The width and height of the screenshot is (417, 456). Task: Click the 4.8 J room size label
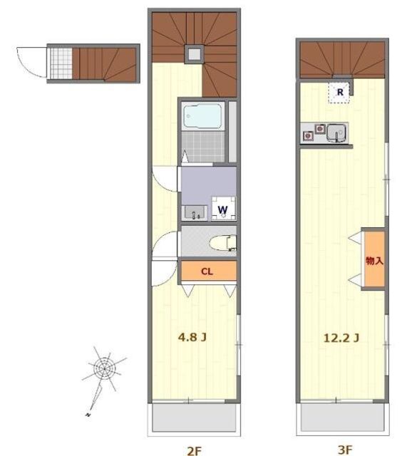(192, 337)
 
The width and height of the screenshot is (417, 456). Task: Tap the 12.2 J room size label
(341, 338)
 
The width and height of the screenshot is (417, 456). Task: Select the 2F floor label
(194, 450)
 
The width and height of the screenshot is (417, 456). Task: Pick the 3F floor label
(345, 450)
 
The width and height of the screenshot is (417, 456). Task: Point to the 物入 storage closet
(374, 259)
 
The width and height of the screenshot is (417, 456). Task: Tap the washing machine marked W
(224, 209)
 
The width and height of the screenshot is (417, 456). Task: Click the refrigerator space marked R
(339, 92)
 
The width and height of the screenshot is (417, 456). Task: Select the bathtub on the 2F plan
(202, 117)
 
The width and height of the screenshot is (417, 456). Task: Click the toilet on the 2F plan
(223, 243)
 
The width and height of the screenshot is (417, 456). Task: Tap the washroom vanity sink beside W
(195, 212)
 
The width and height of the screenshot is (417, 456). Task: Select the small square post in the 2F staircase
(194, 54)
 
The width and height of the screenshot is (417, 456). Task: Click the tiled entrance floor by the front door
(61, 63)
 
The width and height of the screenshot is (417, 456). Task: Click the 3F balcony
(343, 418)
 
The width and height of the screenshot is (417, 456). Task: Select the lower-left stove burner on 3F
(308, 135)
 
